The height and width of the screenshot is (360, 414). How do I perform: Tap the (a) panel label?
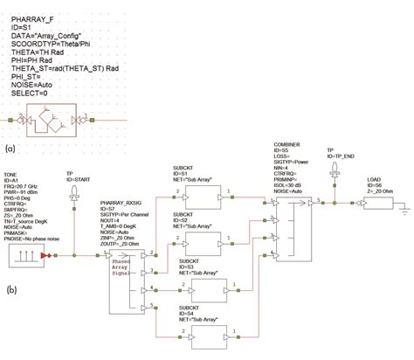pos(10,149)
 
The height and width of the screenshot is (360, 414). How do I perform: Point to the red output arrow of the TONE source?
pos(57,256)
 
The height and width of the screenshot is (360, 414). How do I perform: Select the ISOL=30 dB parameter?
pos(293,193)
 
